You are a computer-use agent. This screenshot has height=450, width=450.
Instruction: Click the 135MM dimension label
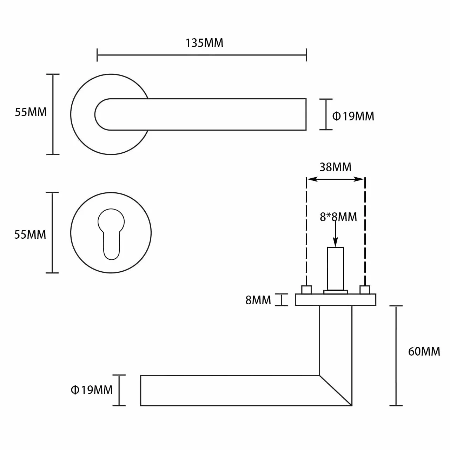coord(204,43)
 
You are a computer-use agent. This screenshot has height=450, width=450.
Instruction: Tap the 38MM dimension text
coord(335,167)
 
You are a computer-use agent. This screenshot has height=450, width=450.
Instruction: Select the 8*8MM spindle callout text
coord(338,217)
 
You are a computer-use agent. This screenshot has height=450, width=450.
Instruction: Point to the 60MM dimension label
coord(424,351)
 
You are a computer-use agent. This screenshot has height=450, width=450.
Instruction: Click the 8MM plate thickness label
coord(258,300)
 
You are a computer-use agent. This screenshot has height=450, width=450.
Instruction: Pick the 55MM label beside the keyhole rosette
coord(30,234)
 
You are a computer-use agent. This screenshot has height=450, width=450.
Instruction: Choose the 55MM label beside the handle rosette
coord(31,112)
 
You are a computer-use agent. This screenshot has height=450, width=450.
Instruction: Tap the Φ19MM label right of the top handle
coord(353,116)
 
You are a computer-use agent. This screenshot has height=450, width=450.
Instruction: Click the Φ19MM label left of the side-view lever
coord(92,390)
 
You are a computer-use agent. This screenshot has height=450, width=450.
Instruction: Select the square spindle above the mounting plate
coord(335,269)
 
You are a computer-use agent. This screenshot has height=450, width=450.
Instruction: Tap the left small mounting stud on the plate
coord(306,290)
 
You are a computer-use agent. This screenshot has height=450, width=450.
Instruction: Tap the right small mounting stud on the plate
coord(365,290)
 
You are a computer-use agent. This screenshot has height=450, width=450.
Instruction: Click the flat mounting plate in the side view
coord(336,300)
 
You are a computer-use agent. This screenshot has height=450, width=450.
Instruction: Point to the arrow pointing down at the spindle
coord(335,233)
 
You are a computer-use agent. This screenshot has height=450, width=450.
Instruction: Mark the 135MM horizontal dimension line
coord(201,55)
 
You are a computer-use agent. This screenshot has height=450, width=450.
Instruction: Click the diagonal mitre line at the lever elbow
coord(336,390)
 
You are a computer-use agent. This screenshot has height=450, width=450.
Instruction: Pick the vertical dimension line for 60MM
coord(396,356)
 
